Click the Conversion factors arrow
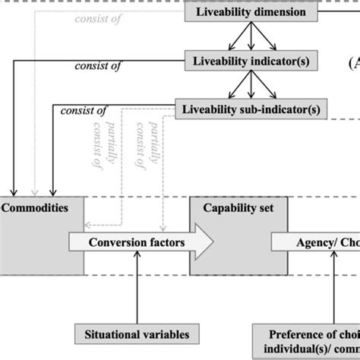point(141,242)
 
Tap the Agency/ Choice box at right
point(315,242)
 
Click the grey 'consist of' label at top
point(98,19)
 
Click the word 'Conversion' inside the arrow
point(120,242)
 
